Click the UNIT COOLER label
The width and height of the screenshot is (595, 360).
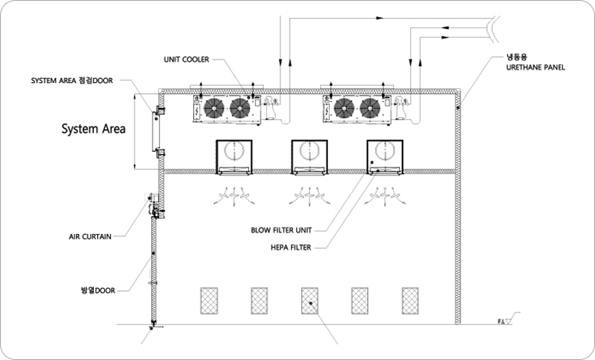pyautogui.click(x=186, y=59)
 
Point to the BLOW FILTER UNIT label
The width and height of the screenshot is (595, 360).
pyautogui.click(x=282, y=231)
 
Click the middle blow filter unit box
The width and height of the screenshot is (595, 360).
pyautogui.click(x=308, y=157)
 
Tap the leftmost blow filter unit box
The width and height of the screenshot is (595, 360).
pyautogui.click(x=233, y=157)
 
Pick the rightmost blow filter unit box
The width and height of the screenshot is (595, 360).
pyautogui.click(x=384, y=157)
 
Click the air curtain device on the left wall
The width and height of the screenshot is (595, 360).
pyautogui.click(x=155, y=207)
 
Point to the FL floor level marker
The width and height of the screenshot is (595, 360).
pyautogui.click(x=504, y=321)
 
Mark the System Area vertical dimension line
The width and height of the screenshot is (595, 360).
pyautogui.click(x=138, y=131)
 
